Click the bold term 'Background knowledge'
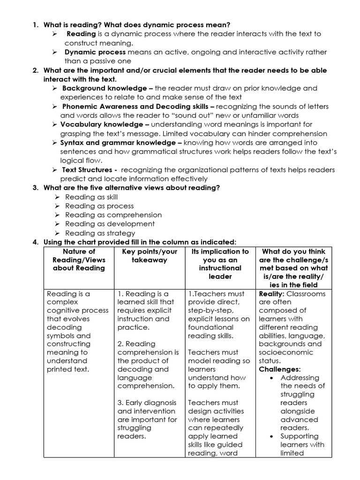coord(104,88)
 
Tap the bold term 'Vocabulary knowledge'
coord(102,124)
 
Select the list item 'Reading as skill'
coord(91,197)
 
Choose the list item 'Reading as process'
coord(99,206)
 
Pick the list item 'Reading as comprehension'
coord(113,215)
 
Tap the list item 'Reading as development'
coord(110,224)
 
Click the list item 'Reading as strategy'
coord(100,233)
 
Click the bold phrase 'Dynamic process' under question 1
coord(95,52)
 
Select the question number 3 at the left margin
coord(35,188)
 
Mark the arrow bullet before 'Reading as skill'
coord(55,197)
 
